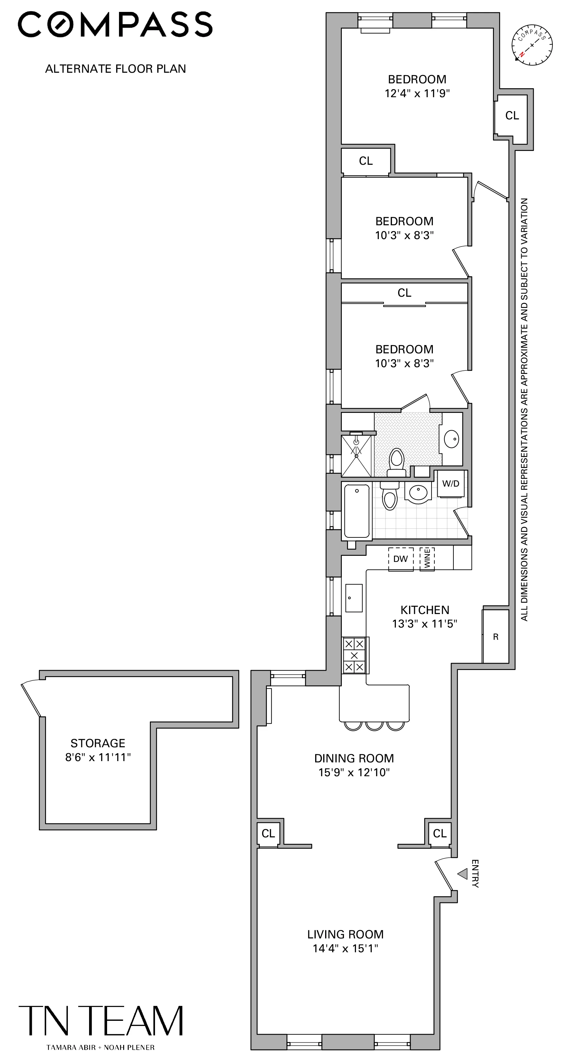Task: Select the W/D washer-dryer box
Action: tap(451, 484)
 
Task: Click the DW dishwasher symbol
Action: tap(401, 559)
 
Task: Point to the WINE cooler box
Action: tap(427, 559)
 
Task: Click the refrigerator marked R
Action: tap(496, 637)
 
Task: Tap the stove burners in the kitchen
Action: tap(355, 655)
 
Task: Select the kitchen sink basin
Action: tap(354, 598)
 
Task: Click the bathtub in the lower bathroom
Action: tap(357, 511)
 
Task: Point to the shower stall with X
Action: tap(356, 456)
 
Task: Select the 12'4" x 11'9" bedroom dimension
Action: tap(417, 93)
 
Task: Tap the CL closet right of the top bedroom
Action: tap(512, 116)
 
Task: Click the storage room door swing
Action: tap(31, 698)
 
